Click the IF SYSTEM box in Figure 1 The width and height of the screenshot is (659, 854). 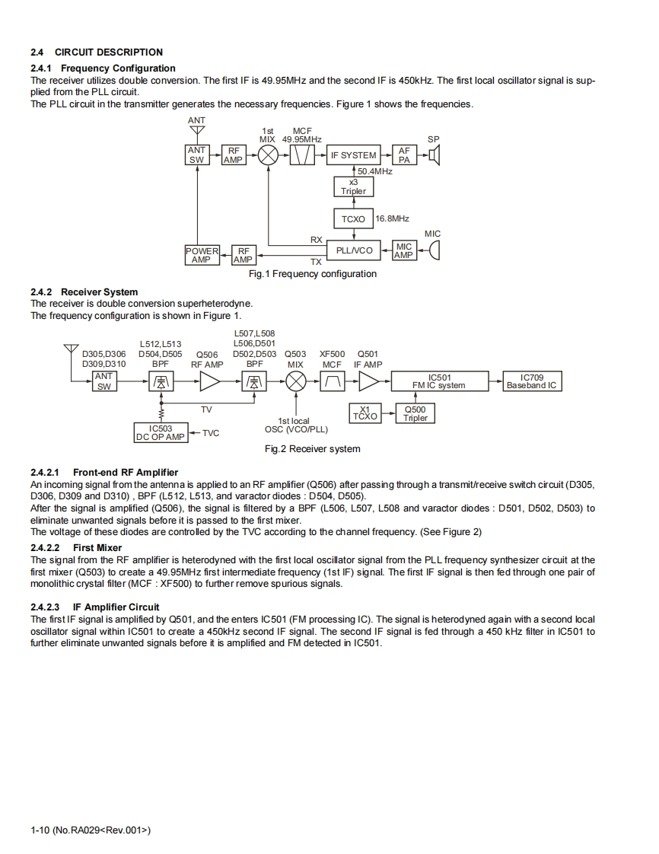point(353,155)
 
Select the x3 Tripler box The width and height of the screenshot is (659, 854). point(353,186)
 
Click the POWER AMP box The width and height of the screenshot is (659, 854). point(202,255)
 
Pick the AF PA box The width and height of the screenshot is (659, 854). point(403,155)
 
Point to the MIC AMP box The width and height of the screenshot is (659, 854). point(403,250)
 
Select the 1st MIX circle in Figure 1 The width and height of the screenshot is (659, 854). point(267,155)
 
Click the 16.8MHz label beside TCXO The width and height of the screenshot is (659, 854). point(393,218)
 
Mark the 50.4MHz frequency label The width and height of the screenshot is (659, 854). point(375,171)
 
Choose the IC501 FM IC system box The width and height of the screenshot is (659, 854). point(439,381)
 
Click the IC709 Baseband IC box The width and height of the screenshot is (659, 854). point(532,381)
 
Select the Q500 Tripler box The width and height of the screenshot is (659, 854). point(415,413)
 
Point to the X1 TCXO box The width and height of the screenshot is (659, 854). point(365,413)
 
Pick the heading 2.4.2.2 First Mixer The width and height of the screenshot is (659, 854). point(76,547)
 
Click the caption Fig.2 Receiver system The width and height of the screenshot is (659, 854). point(312,449)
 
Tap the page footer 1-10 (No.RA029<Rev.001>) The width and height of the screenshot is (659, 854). point(91,830)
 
